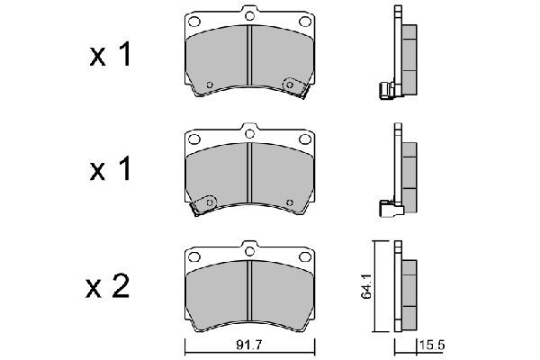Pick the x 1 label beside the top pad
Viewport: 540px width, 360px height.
(x=110, y=56)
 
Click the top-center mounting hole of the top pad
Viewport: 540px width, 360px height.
(x=248, y=15)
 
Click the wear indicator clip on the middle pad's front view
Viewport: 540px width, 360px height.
(x=205, y=203)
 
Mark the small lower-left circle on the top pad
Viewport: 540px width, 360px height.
(x=210, y=86)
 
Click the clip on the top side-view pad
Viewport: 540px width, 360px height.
(x=386, y=89)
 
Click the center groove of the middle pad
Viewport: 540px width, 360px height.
(x=248, y=175)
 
